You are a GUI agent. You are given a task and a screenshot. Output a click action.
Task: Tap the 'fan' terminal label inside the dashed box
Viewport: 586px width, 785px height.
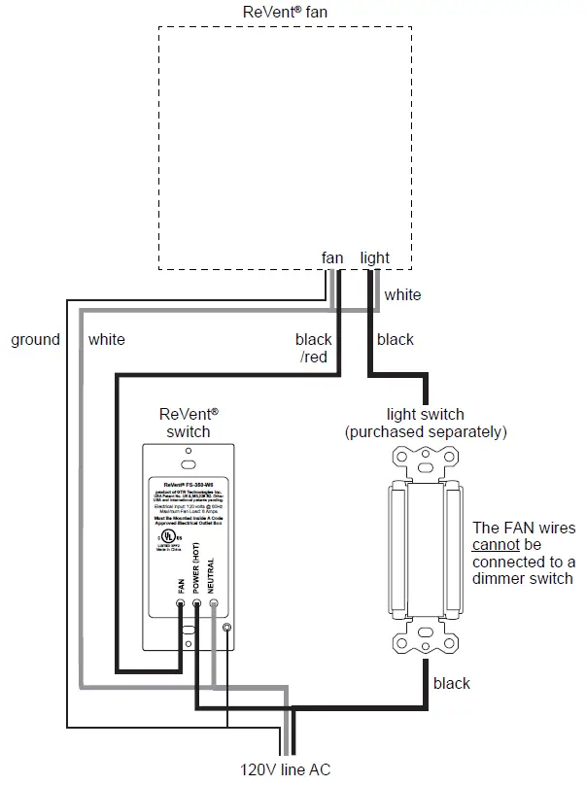(x=332, y=257)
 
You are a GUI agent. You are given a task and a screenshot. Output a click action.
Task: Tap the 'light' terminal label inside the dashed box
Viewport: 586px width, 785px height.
(x=374, y=257)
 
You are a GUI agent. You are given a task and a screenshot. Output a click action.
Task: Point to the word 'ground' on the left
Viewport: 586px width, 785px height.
(x=35, y=340)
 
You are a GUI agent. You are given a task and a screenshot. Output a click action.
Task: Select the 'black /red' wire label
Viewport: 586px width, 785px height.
(x=314, y=348)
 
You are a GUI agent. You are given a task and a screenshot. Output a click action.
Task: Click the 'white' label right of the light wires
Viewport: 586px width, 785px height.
(x=402, y=294)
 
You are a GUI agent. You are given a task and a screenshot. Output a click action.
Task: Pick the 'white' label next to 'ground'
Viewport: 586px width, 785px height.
(x=106, y=340)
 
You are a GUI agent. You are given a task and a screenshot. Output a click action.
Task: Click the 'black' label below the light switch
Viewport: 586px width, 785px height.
(x=452, y=683)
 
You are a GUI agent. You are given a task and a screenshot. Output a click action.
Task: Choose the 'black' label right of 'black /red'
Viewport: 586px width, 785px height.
(x=395, y=339)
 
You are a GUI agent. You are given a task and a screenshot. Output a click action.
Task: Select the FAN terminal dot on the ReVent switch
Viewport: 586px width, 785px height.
(x=181, y=603)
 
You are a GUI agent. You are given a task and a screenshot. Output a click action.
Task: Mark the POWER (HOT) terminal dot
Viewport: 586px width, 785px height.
(x=197, y=603)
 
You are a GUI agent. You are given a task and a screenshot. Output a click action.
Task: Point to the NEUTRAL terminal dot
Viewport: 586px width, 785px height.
(x=214, y=603)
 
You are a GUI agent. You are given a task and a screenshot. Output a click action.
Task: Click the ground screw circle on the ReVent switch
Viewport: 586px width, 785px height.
(x=226, y=629)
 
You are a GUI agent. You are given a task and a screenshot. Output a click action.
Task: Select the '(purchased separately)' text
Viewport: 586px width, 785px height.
(x=426, y=431)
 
